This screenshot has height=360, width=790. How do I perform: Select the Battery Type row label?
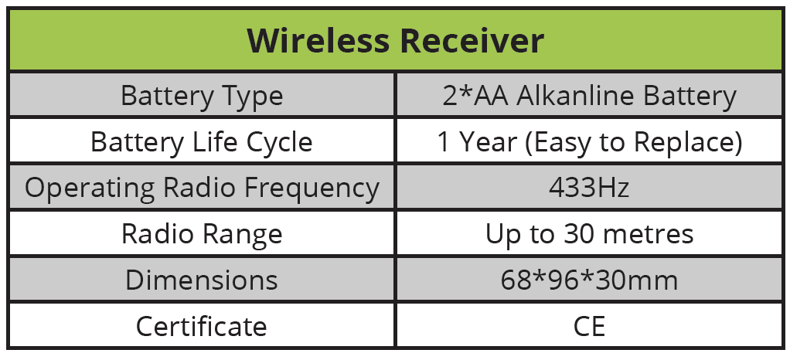pyautogui.click(x=202, y=97)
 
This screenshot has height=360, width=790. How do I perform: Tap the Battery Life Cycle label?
pyautogui.click(x=202, y=142)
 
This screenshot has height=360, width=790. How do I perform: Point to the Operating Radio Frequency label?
pyautogui.click(x=202, y=188)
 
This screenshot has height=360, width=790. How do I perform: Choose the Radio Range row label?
pyautogui.click(x=202, y=233)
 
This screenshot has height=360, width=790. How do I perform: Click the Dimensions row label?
pyautogui.click(x=202, y=279)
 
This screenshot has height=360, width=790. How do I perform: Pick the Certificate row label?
pyautogui.click(x=202, y=325)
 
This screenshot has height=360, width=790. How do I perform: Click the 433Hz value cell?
pyautogui.click(x=589, y=188)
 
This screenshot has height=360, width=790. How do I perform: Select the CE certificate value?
pyautogui.click(x=589, y=325)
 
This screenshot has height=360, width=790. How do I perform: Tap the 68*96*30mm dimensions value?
pyautogui.click(x=589, y=279)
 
